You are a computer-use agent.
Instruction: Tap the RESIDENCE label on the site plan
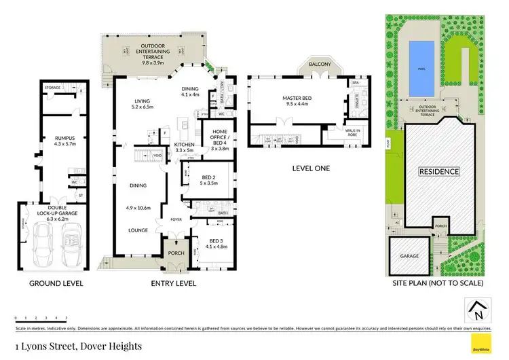point(438,172)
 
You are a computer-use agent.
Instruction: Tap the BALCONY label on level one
point(320,64)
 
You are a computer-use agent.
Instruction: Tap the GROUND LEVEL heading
point(56,283)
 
